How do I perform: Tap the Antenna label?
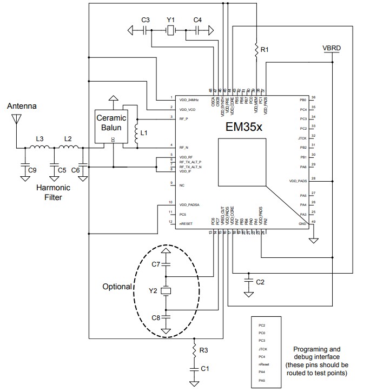pos(22,107)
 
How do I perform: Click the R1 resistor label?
pos(265,50)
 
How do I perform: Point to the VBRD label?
pos(332,48)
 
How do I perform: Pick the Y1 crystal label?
pos(170,20)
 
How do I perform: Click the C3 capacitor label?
pos(145,20)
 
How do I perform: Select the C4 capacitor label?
pos(197,20)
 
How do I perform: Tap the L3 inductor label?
pos(39,138)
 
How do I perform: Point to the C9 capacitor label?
pos(32,170)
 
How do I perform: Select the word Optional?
pos(117,287)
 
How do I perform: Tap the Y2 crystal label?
pos(154,291)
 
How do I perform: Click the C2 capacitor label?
pos(260,282)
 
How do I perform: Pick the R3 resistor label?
pos(203,351)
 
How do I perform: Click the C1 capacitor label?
pos(204,369)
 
